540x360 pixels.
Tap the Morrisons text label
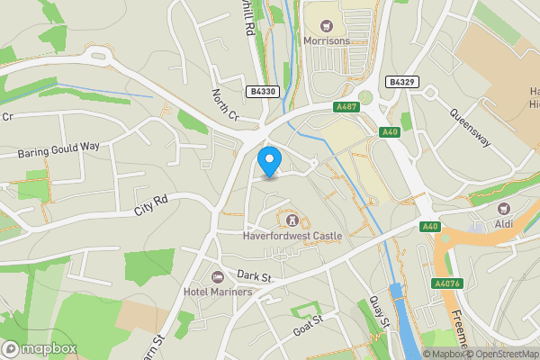click(326, 41)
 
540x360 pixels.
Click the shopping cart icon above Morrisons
click(326, 24)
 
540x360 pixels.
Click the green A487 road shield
click(347, 107)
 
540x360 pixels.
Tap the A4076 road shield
click(446, 283)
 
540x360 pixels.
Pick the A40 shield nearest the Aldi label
click(430, 228)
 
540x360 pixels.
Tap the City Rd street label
click(151, 205)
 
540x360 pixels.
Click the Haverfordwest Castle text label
click(293, 237)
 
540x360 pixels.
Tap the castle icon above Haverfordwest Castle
click(292, 220)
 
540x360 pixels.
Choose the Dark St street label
click(255, 276)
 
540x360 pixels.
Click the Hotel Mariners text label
click(218, 292)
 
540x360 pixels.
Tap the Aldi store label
click(502, 222)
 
